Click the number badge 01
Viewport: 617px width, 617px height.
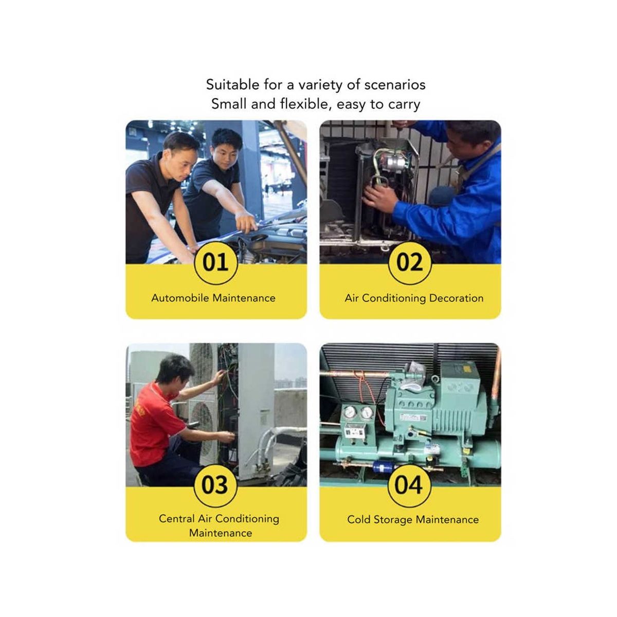point(215,263)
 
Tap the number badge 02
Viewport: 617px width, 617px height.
point(409,263)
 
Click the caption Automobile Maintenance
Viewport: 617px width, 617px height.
point(213,298)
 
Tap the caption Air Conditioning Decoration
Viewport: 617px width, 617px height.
point(414,298)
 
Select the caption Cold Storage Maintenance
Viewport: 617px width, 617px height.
point(413,519)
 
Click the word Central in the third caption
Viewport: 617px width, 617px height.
point(177,518)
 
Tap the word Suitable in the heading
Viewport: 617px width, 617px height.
point(232,85)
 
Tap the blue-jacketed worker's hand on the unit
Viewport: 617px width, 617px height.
point(379,196)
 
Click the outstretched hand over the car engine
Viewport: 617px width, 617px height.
point(246,222)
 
